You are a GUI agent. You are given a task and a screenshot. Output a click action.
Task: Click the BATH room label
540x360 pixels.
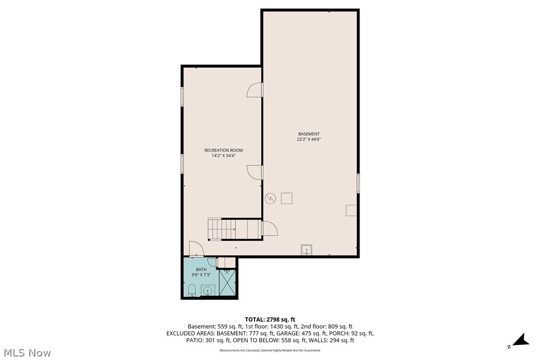pos(201,270)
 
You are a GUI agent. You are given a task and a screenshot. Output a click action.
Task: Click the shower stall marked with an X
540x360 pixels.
pos(227,285)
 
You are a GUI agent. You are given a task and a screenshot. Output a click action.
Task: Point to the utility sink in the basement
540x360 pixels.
pos(307,250)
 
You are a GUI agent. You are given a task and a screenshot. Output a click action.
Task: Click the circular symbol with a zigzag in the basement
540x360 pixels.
pos(270,198)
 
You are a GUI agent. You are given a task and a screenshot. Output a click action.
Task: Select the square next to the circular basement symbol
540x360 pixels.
pos(286,198)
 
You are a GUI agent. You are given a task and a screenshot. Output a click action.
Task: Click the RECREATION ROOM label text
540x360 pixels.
pos(223,150)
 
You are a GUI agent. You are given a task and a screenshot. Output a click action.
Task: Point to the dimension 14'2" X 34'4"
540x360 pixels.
pos(223,156)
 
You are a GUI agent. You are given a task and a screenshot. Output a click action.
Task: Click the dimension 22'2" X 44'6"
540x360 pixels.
pos(309,140)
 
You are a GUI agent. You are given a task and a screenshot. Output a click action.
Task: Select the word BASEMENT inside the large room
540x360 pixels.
pos(309,134)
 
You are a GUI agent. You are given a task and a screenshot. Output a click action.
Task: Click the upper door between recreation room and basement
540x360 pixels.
pos(255,90)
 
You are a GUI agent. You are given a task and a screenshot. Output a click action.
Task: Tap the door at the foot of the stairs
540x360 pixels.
pos(270,229)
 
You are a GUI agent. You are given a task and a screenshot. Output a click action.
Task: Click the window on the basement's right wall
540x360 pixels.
pos(358,183)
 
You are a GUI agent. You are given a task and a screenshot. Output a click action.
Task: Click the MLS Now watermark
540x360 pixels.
pos(26,353)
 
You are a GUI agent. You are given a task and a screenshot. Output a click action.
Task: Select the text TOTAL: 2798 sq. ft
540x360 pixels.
pos(270,319)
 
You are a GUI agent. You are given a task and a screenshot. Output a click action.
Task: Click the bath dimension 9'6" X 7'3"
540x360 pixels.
pos(201,275)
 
